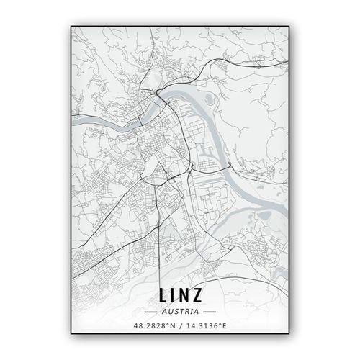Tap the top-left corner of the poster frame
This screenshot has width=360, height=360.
pos(71,26)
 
